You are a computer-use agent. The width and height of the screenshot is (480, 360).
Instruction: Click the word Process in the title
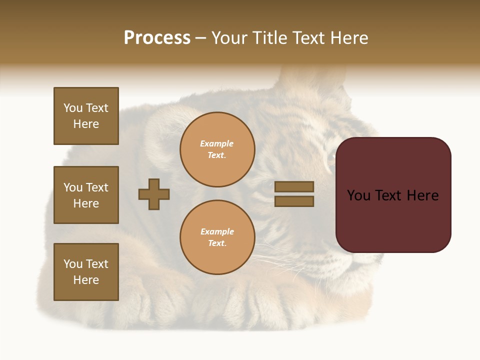[x=157, y=38]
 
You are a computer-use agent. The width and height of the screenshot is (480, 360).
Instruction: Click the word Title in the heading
[x=270, y=38]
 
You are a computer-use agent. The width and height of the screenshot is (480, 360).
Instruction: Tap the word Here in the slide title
[x=348, y=38]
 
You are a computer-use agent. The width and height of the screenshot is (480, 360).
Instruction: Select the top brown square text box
[x=86, y=116]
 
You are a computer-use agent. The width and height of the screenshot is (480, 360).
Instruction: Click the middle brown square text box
[x=86, y=195]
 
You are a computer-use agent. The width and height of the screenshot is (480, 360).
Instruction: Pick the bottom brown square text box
[x=86, y=272]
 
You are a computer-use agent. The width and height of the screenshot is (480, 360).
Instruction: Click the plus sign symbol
[x=154, y=194]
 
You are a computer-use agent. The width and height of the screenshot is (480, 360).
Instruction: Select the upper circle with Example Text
[x=217, y=149]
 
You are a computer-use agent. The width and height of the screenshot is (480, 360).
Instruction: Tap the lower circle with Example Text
[x=217, y=237]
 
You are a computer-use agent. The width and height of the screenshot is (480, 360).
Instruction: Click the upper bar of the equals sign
[x=294, y=186]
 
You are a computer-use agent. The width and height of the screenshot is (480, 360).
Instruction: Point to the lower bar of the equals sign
[x=294, y=201]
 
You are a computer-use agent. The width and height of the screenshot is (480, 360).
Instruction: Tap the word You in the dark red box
[x=358, y=195]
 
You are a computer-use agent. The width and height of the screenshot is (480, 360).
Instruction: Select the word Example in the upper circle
[x=217, y=144]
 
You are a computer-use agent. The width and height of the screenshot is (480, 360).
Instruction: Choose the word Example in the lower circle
[x=217, y=232]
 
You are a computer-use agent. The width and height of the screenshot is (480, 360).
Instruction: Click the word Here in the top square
[x=86, y=124]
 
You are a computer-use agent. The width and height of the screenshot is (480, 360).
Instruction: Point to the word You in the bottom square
[x=73, y=264]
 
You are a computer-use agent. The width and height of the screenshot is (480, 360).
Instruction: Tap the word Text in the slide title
[x=309, y=38]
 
